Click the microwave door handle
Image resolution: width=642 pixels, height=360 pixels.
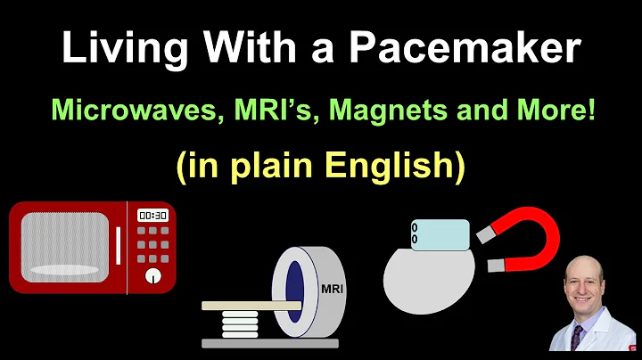tap(118, 245)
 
